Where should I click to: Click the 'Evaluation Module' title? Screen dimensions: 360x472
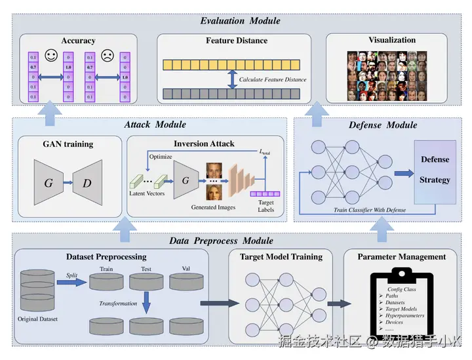[x=240, y=21]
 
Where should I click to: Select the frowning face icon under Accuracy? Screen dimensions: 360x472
[x=107, y=57]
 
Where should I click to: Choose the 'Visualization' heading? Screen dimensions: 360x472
[x=391, y=40]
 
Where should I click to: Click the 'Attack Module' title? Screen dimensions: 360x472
[x=155, y=124]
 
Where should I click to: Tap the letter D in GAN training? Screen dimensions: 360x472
[x=87, y=183]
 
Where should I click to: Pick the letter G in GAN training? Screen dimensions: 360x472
[x=49, y=183]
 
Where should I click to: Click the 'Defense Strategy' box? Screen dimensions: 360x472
[x=435, y=170]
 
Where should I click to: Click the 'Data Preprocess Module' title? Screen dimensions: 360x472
[x=221, y=241]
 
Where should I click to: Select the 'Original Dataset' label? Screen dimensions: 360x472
[x=38, y=319]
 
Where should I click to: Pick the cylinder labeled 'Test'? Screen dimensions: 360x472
[x=146, y=282]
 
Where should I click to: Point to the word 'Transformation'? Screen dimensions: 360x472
[x=119, y=304]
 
